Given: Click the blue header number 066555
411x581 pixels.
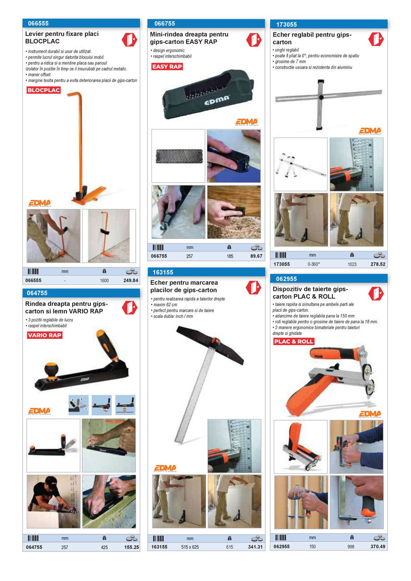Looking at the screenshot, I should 38,24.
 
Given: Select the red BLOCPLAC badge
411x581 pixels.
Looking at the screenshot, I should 44,90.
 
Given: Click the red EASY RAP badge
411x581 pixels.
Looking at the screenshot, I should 167,67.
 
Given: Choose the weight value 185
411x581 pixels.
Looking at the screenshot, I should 230,256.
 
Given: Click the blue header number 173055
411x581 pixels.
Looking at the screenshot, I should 286,25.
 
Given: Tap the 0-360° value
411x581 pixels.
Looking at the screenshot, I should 314,264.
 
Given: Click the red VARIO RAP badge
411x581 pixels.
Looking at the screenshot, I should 45,335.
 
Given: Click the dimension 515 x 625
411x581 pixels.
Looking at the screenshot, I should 190,547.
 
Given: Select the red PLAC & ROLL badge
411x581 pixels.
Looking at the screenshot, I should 294,342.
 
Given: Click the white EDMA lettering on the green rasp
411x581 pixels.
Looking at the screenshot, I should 217,102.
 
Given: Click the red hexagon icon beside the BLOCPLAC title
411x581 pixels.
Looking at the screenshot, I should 130,40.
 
